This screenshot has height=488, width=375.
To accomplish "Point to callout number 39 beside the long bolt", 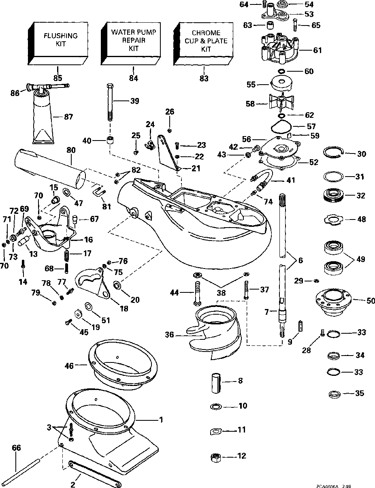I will point(134,101).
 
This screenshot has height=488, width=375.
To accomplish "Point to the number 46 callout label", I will point(69,366).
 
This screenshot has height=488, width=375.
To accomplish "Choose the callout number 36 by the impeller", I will point(170,335).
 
